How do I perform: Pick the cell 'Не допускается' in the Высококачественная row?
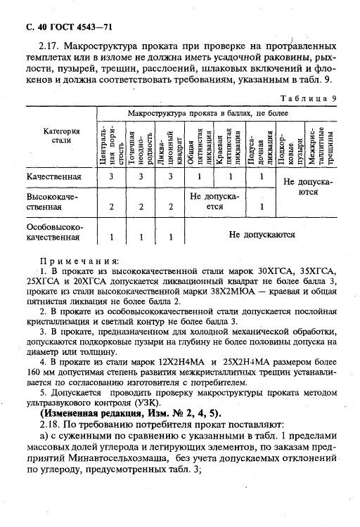(215, 202)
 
